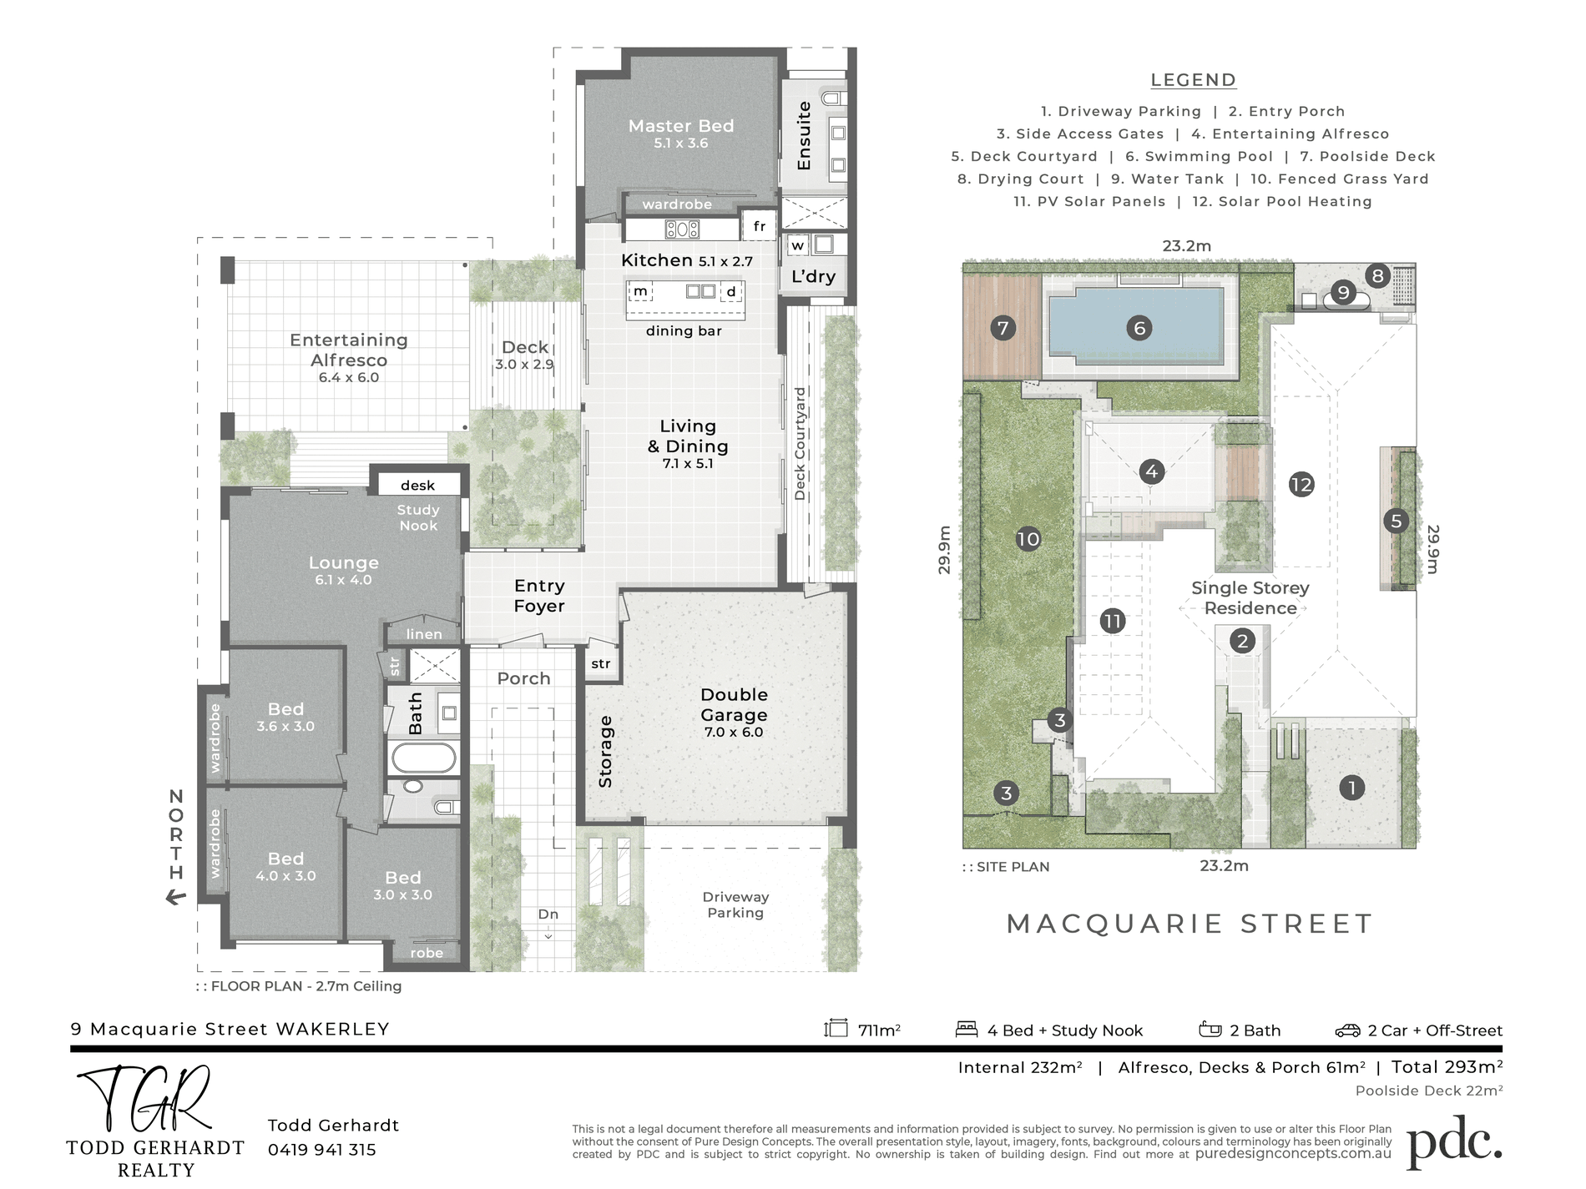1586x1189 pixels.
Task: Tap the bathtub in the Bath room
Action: (x=424, y=758)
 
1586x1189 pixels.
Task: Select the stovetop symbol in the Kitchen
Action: (x=682, y=228)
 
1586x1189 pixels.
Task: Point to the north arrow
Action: (x=176, y=898)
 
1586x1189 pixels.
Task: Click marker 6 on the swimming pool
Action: (x=1139, y=328)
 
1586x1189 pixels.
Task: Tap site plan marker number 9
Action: (x=1343, y=292)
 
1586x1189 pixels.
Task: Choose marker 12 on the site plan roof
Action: (x=1301, y=484)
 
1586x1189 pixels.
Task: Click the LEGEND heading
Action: (x=1193, y=80)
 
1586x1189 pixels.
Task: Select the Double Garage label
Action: (x=734, y=704)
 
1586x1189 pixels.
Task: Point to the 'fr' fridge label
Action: (x=760, y=226)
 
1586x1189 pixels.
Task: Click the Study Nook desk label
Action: (x=417, y=485)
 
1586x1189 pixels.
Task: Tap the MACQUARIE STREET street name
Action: (x=1189, y=924)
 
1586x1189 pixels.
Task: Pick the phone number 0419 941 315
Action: (x=322, y=1150)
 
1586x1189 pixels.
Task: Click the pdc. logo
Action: (x=1455, y=1142)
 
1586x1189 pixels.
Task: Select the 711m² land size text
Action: (x=879, y=1030)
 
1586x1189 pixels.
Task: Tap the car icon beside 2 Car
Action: (x=1347, y=1030)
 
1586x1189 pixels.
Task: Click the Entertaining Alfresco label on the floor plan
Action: (x=349, y=350)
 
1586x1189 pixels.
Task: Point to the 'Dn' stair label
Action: (x=548, y=914)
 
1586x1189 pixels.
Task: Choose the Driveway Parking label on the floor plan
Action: (x=735, y=904)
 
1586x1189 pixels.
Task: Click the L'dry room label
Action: (x=813, y=276)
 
